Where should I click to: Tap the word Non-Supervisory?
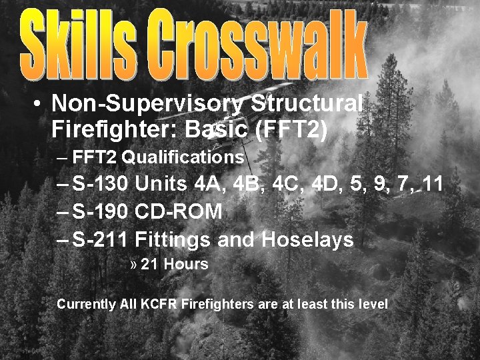pyautogui.click(x=147, y=105)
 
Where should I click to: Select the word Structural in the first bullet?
pyautogui.click(x=307, y=103)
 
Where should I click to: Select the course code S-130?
pyautogui.click(x=100, y=183)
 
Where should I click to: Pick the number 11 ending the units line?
pyautogui.click(x=433, y=183)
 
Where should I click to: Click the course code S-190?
pyautogui.click(x=100, y=211)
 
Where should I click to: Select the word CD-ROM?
pyautogui.click(x=179, y=211)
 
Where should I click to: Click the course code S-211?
pyautogui.click(x=100, y=240)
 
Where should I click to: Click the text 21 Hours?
pyautogui.click(x=175, y=264)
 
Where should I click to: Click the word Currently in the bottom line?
pyautogui.click(x=87, y=305)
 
